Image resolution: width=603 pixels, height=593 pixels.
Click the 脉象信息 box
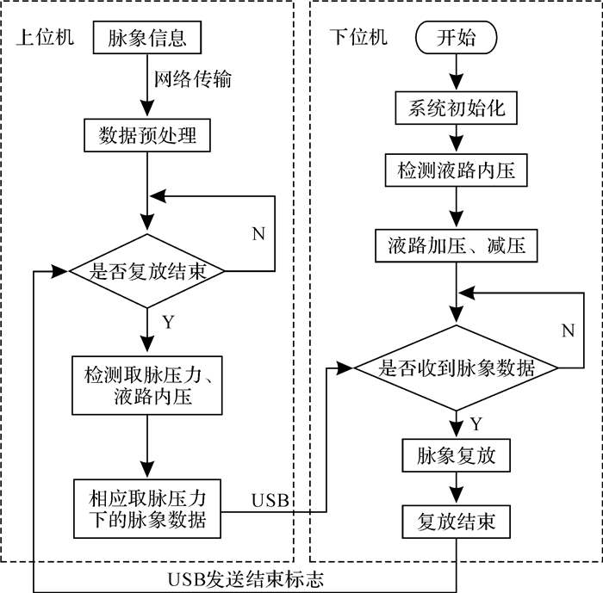pyautogui.click(x=147, y=37)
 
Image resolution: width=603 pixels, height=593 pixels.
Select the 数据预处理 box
pyautogui.click(x=147, y=135)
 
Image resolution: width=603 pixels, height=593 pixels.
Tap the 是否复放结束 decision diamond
pyautogui.click(x=146, y=271)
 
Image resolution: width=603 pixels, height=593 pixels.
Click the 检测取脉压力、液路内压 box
pyautogui.click(x=147, y=386)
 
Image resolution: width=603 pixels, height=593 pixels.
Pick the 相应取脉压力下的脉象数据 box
pyautogui.click(x=147, y=509)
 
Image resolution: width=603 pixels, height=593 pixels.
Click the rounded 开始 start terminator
pyautogui.click(x=456, y=37)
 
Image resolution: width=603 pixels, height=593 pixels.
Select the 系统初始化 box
pyautogui.click(x=456, y=108)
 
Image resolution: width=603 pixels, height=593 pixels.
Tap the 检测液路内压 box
pyautogui.click(x=456, y=170)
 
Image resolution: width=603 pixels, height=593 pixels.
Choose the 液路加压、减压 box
pyautogui.click(x=456, y=246)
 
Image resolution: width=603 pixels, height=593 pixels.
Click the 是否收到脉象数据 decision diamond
pyautogui.click(x=456, y=368)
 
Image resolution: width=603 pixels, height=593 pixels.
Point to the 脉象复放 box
pyautogui.click(x=456, y=455)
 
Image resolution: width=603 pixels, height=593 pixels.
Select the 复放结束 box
pyautogui.click(x=456, y=522)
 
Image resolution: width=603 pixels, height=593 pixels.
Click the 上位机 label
pyautogui.click(x=45, y=37)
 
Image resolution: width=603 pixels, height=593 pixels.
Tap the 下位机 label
pyautogui.click(x=359, y=37)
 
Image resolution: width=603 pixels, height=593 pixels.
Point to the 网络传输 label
pyautogui.click(x=193, y=79)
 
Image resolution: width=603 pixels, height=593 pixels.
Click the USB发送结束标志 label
pyautogui.click(x=246, y=579)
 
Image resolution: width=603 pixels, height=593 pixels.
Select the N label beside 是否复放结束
pyautogui.click(x=258, y=233)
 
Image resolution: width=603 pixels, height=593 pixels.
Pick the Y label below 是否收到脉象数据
pyautogui.click(x=476, y=424)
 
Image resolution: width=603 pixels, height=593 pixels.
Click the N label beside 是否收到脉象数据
pyautogui.click(x=569, y=330)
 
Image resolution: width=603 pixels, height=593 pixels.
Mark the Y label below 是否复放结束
pyautogui.click(x=168, y=322)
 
